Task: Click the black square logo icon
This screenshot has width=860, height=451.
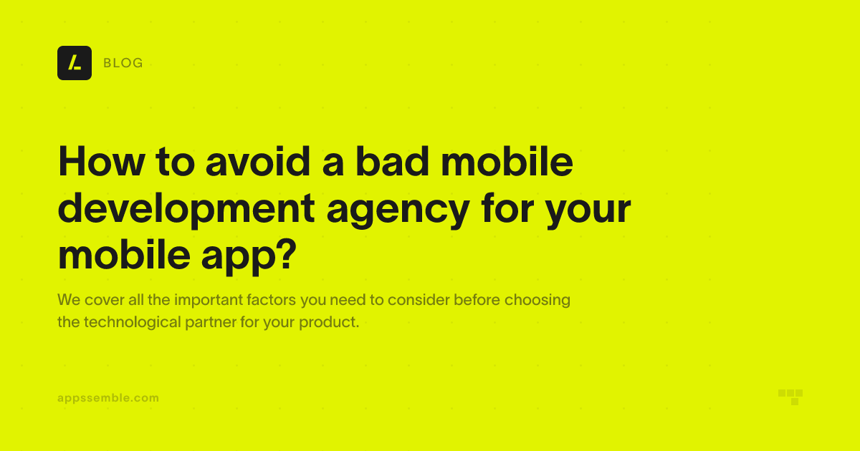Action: coord(75,63)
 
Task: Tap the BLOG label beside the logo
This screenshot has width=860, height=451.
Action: coord(123,63)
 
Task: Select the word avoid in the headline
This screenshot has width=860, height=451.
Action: coord(257,162)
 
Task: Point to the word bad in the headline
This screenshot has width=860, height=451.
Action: coord(392,162)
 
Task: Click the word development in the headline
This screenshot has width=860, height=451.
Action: coord(186,208)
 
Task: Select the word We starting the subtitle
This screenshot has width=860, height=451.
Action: coord(69,299)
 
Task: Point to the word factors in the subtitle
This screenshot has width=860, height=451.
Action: coord(271,299)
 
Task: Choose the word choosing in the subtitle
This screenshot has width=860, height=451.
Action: coord(537,300)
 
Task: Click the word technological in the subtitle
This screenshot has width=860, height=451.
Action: coord(133,322)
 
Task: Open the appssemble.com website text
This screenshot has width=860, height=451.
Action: coord(108,398)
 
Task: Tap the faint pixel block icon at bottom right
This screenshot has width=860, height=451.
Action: coord(790,397)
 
